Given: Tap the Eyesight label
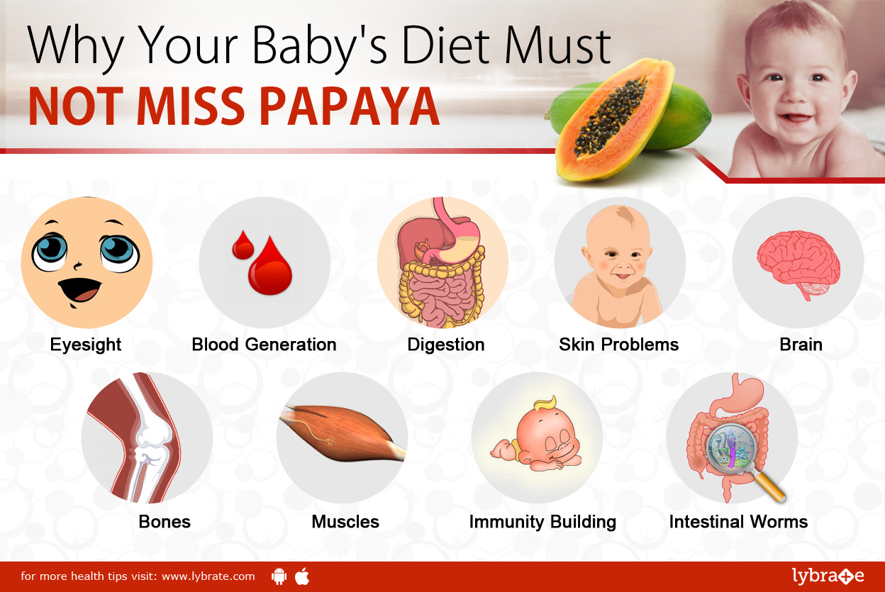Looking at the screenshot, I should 86,345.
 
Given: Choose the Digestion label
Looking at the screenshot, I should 445,345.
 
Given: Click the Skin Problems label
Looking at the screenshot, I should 618,345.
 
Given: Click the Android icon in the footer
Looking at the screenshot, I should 279,576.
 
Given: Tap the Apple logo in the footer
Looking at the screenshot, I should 302,576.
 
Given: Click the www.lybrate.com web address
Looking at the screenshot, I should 208,576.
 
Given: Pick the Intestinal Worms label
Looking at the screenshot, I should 738,523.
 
